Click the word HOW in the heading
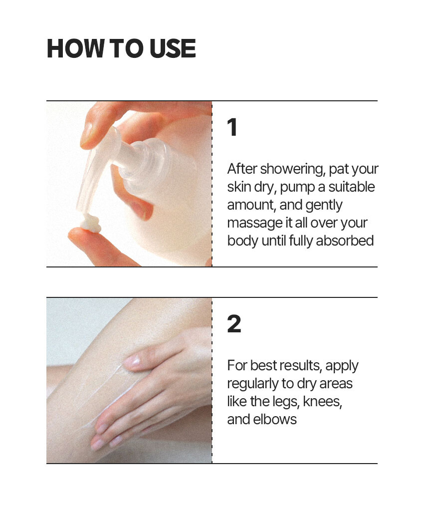point(76,48)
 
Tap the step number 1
point(232,127)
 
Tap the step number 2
point(234,324)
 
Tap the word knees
point(322,402)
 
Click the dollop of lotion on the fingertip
point(91,224)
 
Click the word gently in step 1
point(324,206)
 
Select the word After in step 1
point(242,169)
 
